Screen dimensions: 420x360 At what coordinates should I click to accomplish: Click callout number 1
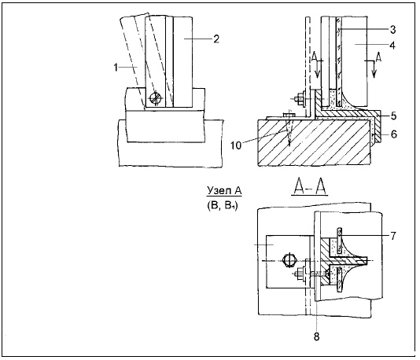[x=116, y=68]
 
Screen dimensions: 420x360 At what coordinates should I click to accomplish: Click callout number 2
[x=216, y=39]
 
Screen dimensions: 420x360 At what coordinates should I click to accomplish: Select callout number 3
[x=392, y=30]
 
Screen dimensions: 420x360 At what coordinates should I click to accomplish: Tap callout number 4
[x=392, y=46]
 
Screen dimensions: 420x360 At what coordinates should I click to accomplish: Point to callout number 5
[x=393, y=116]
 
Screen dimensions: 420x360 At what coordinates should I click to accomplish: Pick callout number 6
[x=393, y=134]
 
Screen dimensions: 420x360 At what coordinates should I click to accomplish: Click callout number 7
[x=393, y=236]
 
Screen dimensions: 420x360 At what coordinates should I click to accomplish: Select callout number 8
[x=317, y=336]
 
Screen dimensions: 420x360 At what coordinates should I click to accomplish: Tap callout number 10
[x=236, y=145]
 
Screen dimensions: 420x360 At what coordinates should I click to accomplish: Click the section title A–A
[x=310, y=186]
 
